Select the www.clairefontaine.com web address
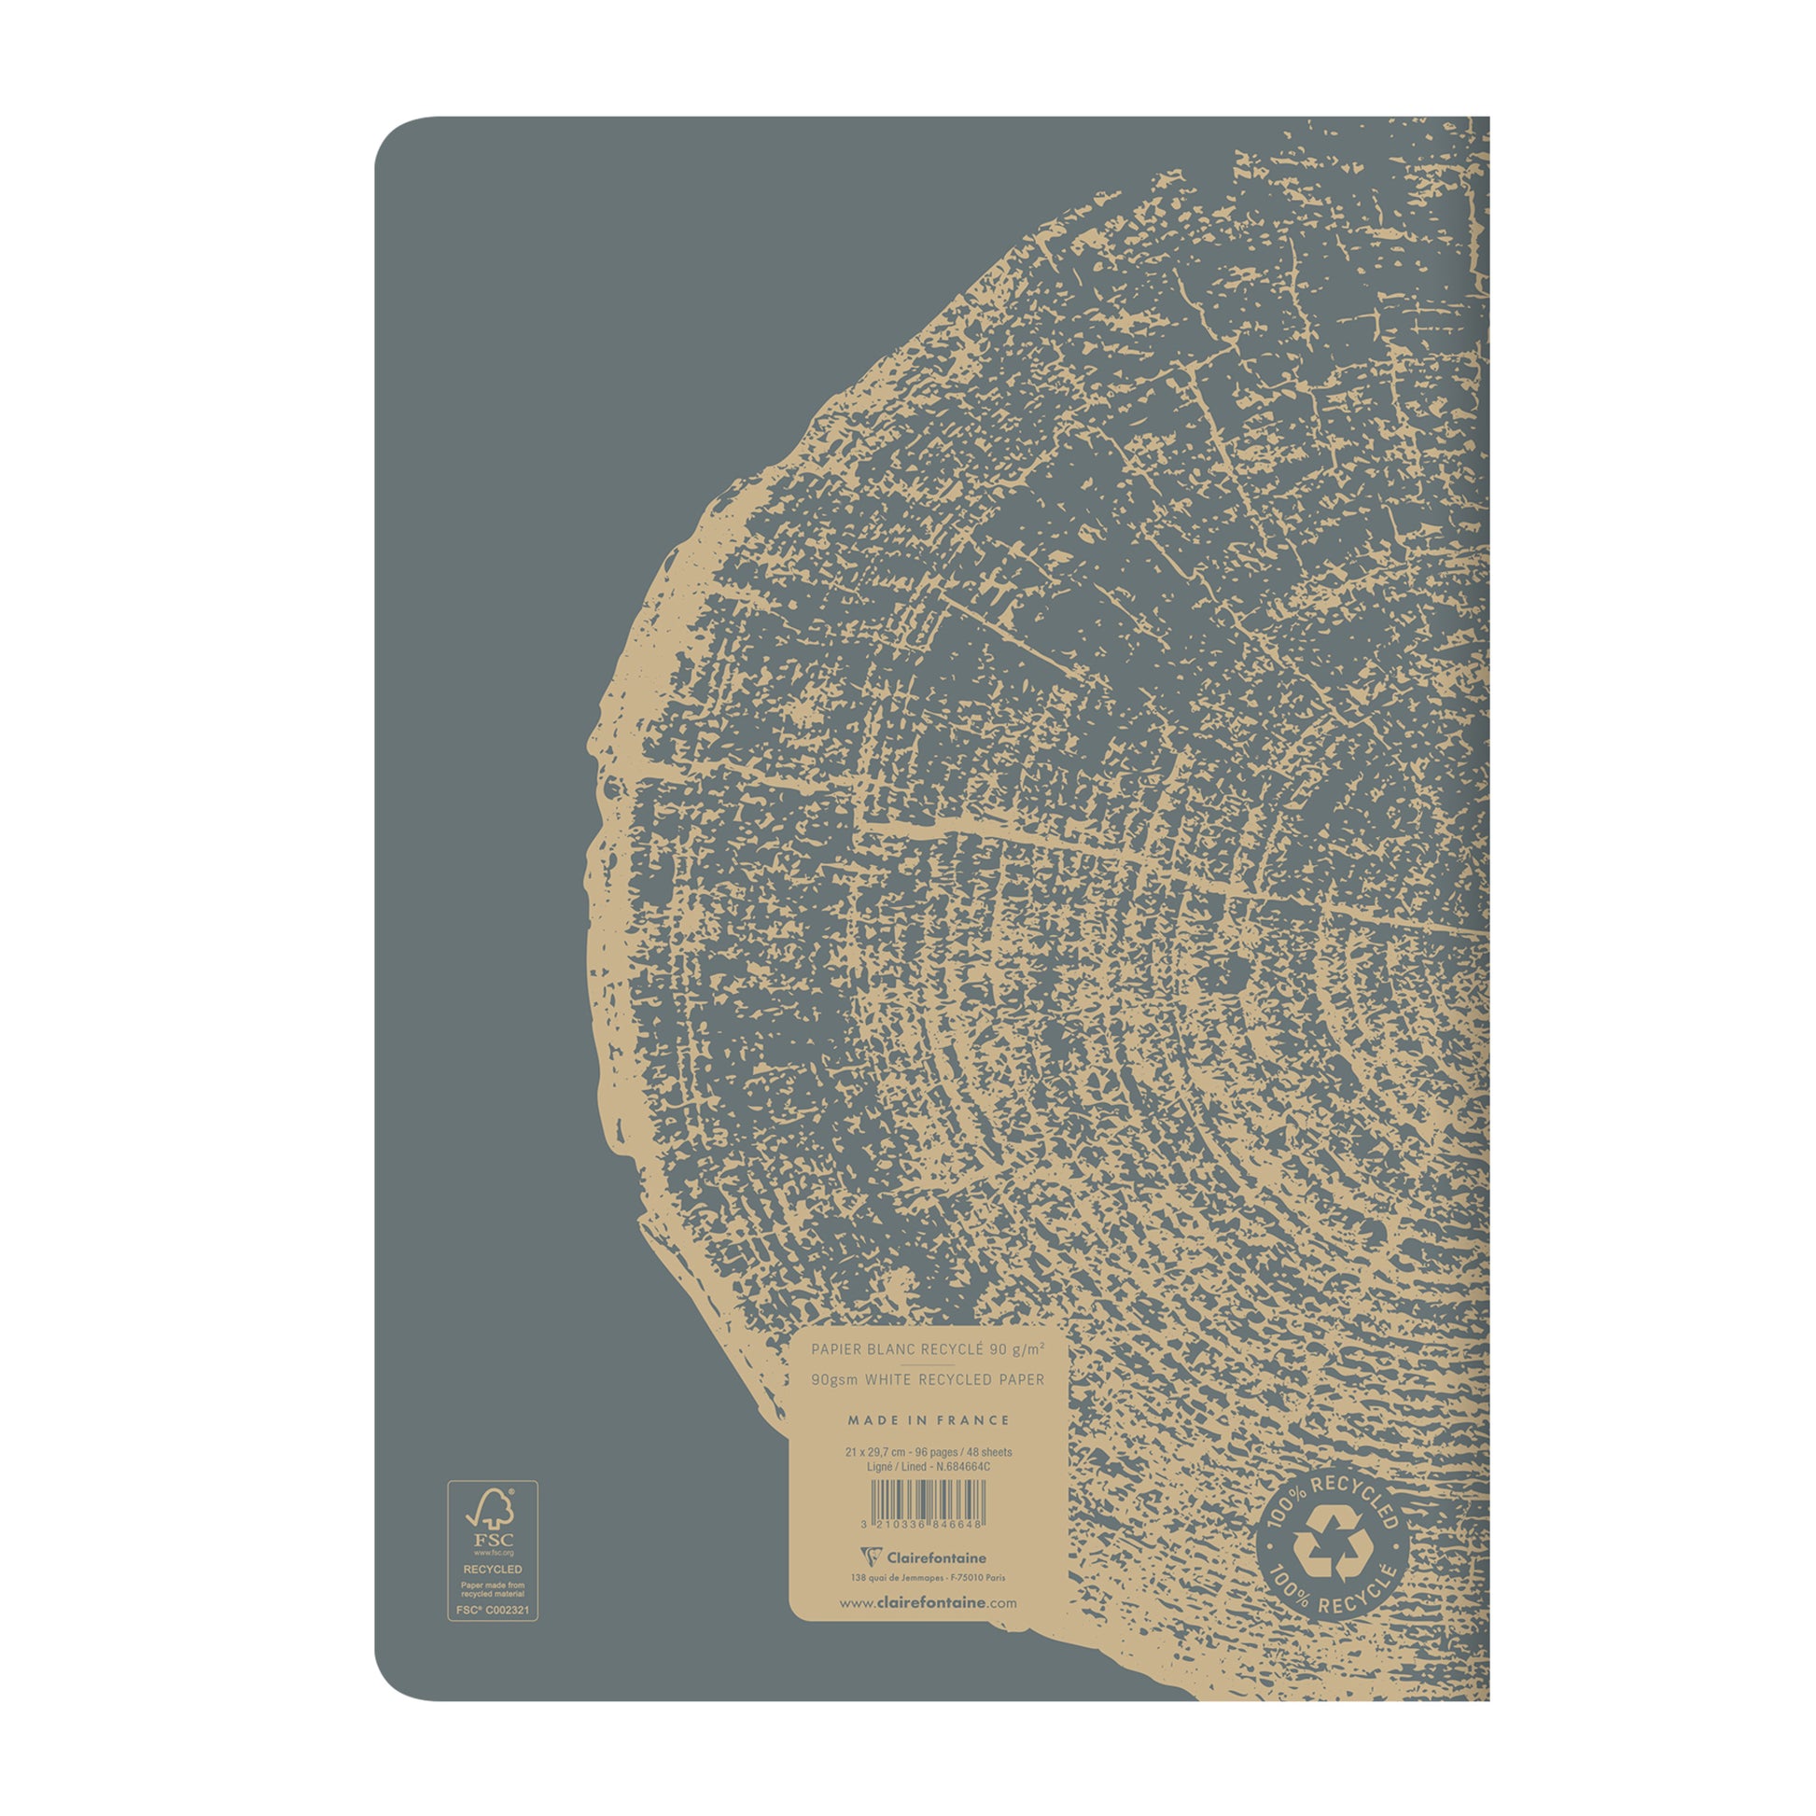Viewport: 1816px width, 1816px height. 928,1603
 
